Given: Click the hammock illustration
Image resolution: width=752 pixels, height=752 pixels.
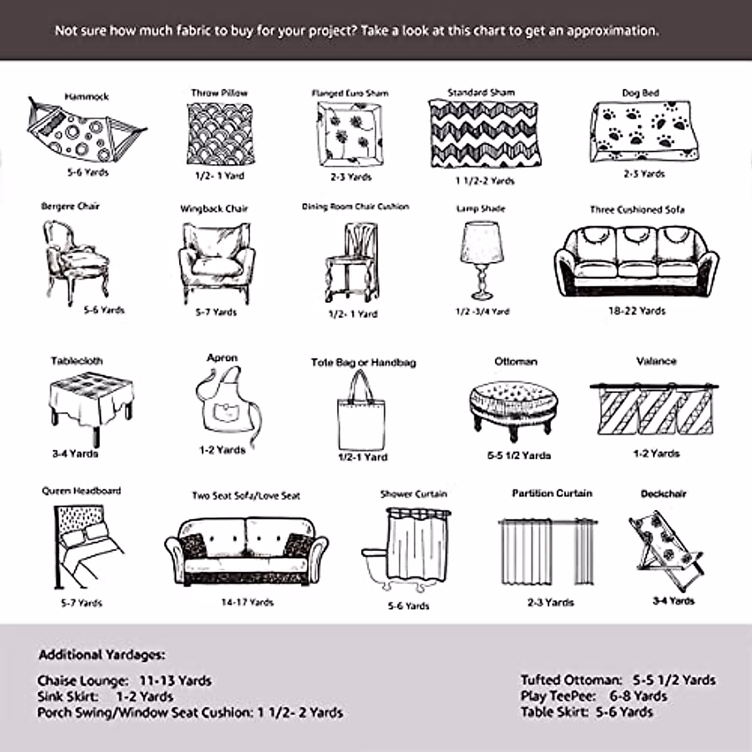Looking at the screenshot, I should point(86,132).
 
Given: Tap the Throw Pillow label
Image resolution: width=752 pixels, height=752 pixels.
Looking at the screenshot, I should point(219,93).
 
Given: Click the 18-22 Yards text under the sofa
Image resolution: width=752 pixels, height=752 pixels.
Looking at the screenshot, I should point(637,310).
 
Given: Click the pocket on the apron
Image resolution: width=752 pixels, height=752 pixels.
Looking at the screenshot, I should point(223,412).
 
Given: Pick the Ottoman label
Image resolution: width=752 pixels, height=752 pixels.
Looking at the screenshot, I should point(516,362).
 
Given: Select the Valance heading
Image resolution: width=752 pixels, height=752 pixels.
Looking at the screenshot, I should point(656,361).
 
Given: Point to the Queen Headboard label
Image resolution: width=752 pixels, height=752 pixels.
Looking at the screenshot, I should point(81,491).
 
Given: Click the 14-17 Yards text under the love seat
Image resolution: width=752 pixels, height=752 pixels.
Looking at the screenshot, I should point(247,602).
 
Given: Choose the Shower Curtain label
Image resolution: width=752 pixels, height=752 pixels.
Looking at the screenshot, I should point(414,494).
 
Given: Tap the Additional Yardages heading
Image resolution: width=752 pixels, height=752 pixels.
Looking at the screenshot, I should point(102,655).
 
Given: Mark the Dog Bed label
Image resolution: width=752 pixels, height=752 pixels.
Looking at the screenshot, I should point(640,93).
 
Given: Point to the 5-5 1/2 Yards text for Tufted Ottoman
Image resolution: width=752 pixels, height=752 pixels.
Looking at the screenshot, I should point(674,680).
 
